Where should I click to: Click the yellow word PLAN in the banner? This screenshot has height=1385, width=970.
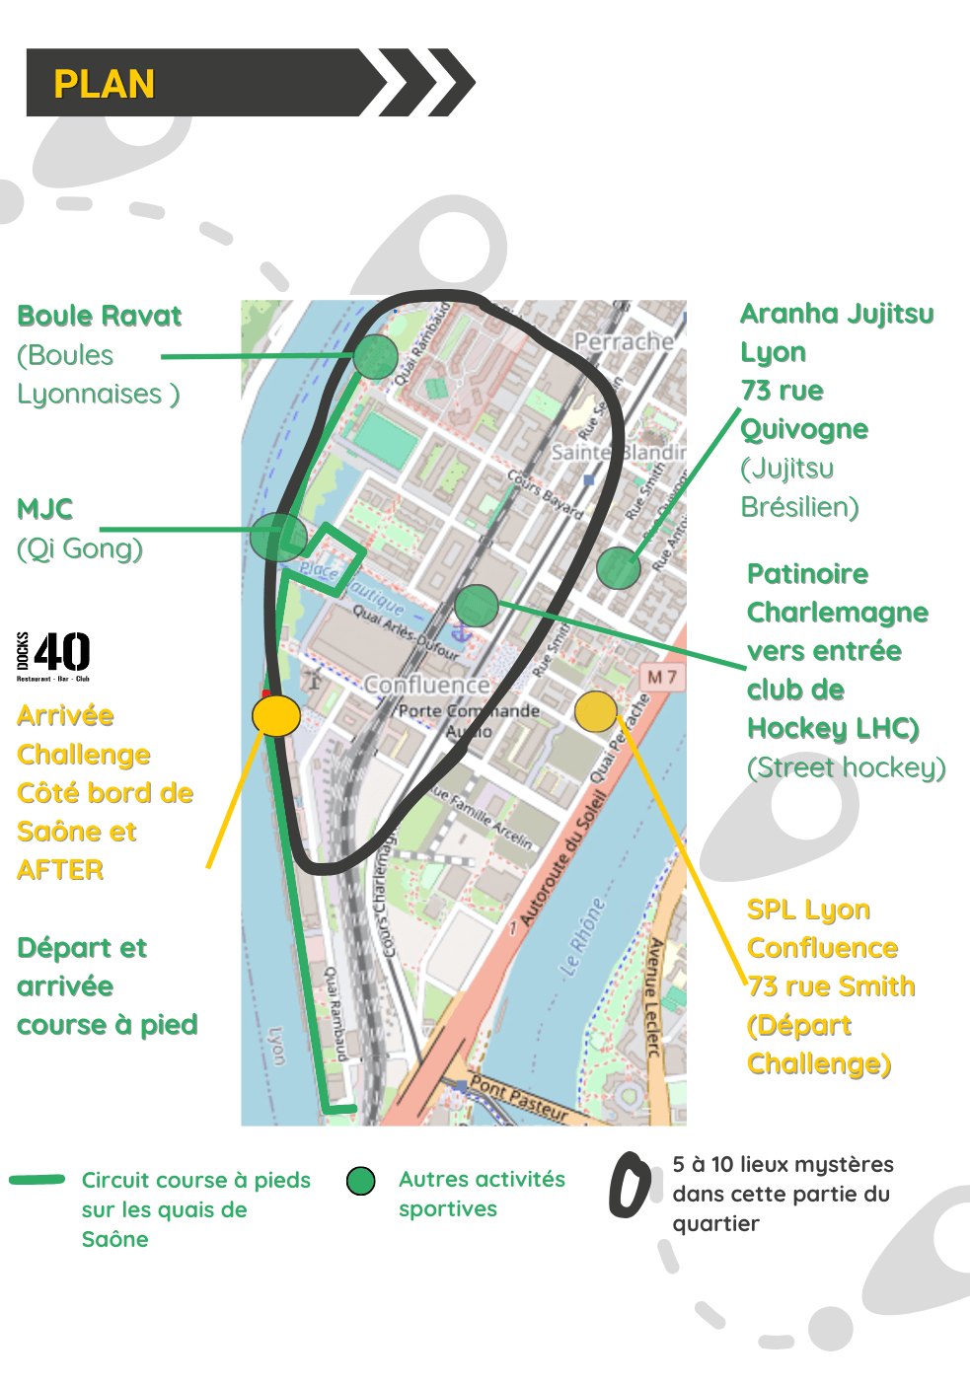click(104, 84)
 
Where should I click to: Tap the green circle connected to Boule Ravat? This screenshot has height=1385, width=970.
click(375, 356)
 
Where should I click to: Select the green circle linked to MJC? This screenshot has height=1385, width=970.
click(278, 537)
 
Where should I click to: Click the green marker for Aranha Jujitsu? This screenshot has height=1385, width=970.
click(619, 567)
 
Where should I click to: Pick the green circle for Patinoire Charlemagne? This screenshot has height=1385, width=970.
click(477, 605)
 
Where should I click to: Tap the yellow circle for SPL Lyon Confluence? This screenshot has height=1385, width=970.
click(595, 711)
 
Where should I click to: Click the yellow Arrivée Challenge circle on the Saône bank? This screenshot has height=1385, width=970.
click(276, 715)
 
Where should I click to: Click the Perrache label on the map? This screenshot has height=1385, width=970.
click(624, 342)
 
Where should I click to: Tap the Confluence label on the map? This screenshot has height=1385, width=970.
click(426, 684)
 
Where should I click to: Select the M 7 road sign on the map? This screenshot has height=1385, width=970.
click(662, 677)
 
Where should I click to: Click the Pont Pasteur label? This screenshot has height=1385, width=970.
click(519, 1098)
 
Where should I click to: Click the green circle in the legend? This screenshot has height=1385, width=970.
click(361, 1181)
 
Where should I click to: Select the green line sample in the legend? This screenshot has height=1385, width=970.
click(37, 1180)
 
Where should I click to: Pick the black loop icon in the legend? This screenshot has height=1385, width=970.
click(630, 1184)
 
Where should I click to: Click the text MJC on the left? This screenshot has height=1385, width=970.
click(45, 509)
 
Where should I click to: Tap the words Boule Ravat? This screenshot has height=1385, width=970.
click(100, 316)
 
